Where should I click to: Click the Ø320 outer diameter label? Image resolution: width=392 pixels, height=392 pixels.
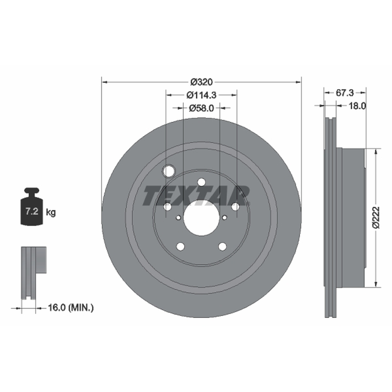201,82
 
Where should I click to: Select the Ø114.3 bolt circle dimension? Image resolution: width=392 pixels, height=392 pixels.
201,95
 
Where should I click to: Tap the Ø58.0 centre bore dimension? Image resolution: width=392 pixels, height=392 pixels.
201,108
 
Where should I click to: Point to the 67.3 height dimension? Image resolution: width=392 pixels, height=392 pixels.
345,93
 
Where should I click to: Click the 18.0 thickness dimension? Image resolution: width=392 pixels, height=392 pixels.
357,106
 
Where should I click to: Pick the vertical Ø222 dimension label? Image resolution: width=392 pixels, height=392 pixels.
376,217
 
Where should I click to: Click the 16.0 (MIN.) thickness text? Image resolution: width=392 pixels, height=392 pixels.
71,308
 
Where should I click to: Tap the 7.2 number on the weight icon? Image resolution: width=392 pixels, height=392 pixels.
32,211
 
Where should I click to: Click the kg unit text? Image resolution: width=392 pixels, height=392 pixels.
51,213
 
